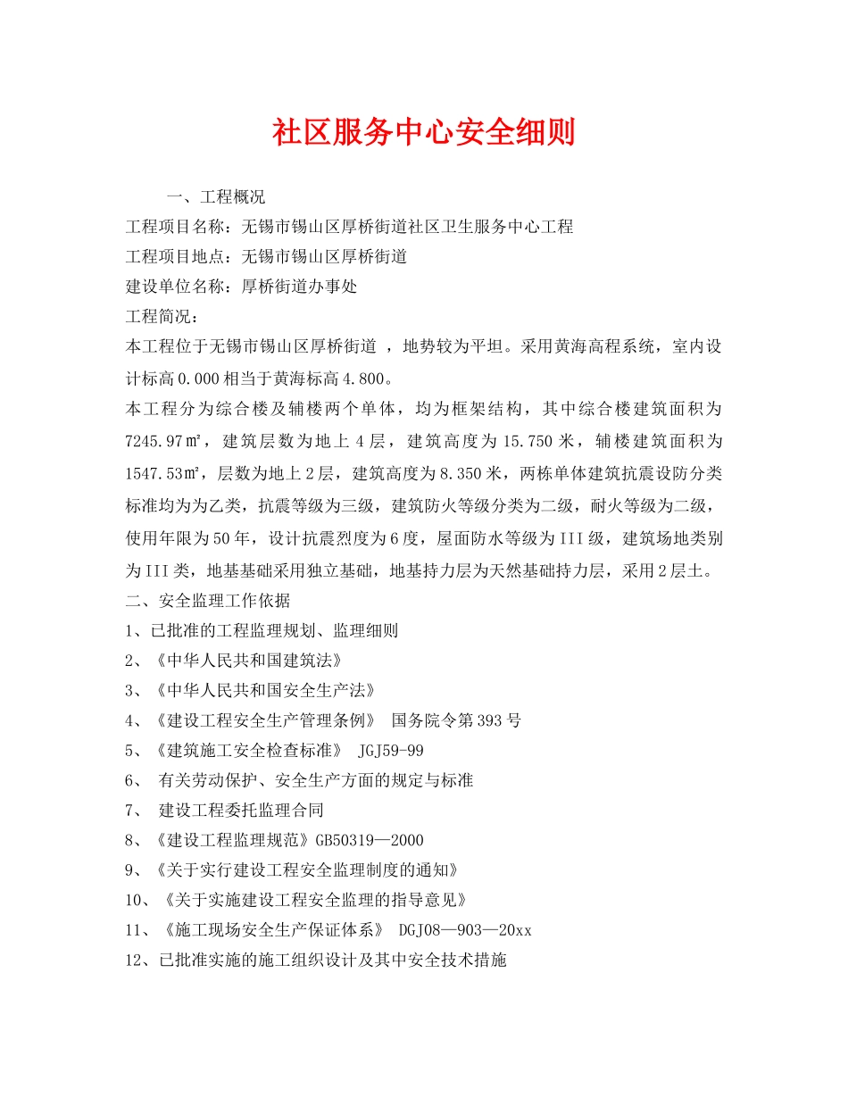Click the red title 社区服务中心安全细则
(x=423, y=132)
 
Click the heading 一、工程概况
(x=215, y=196)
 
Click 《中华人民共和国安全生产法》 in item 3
(x=264, y=691)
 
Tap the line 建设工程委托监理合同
(x=240, y=811)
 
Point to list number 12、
(x=141, y=961)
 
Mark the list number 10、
(x=141, y=900)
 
